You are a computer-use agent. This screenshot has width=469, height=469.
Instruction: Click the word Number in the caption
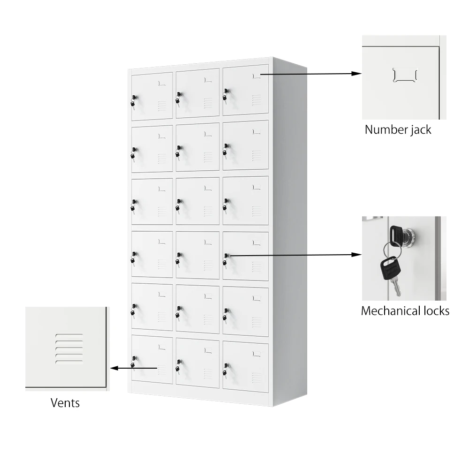tap(383, 129)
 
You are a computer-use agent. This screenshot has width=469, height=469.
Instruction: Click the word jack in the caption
tap(418, 129)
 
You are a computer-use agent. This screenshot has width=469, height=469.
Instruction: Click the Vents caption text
tap(65, 402)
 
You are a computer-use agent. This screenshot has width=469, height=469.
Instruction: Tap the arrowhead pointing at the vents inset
tap(114, 368)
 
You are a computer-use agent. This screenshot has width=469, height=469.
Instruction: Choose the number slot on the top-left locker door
tap(162, 83)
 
